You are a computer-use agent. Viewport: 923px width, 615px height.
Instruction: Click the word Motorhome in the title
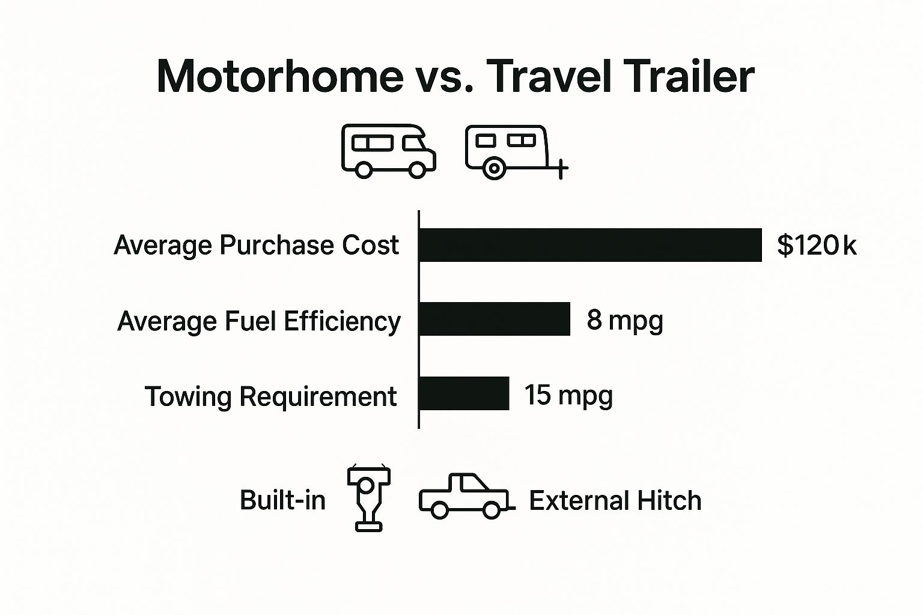pos(280,76)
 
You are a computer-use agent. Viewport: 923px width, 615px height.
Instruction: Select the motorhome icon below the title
pos(388,151)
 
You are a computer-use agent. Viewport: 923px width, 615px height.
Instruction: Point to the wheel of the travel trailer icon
pos(494,168)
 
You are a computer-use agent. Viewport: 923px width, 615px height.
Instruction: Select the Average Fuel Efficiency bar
pos(494,319)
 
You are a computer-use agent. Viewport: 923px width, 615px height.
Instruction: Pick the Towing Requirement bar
pos(464,394)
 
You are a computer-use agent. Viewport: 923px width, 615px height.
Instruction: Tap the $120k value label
pos(817,245)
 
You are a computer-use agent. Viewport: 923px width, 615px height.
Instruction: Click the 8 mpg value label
pos(625,320)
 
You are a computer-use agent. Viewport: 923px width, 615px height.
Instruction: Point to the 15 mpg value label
pos(568,396)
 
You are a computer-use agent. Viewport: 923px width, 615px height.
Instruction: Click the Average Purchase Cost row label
pos(256,245)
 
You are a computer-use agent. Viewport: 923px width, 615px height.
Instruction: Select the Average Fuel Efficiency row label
pos(259,321)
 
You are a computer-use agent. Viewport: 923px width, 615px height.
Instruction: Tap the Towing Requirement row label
pos(270,396)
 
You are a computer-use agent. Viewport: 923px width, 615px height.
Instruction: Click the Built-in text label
pos(282,500)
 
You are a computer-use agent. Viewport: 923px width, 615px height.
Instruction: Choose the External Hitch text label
pos(615,501)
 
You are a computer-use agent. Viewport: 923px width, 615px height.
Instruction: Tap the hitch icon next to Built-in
pos(368,498)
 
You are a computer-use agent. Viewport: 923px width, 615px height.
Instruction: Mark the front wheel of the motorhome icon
pos(416,170)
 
